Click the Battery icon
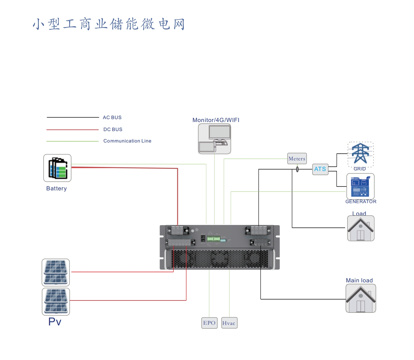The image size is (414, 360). pos(57,168)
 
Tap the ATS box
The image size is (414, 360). pos(320,169)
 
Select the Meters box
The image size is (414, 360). pos(297,158)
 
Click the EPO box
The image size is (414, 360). pos(209,323)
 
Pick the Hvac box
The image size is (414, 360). pos(229,323)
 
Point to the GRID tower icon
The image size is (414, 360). pos(360,154)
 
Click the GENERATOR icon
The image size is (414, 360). pos(360,186)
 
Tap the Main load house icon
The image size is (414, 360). pos(361,298)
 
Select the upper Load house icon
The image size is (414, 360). pos(361,228)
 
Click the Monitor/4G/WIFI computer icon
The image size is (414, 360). pos(214,139)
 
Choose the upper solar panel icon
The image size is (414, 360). pos(56,272)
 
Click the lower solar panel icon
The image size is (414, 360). pos(56,301)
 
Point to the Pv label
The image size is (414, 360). pos(55,322)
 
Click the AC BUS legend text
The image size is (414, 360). pos(112,118)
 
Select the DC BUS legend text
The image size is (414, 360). pos(113,129)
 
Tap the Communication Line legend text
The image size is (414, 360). pos(127,141)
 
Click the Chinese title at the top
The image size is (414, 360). pos(108,24)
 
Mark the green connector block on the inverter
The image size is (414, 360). pos(214,238)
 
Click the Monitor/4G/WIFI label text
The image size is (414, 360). pos(216,120)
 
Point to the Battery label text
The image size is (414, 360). pos(56,189)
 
